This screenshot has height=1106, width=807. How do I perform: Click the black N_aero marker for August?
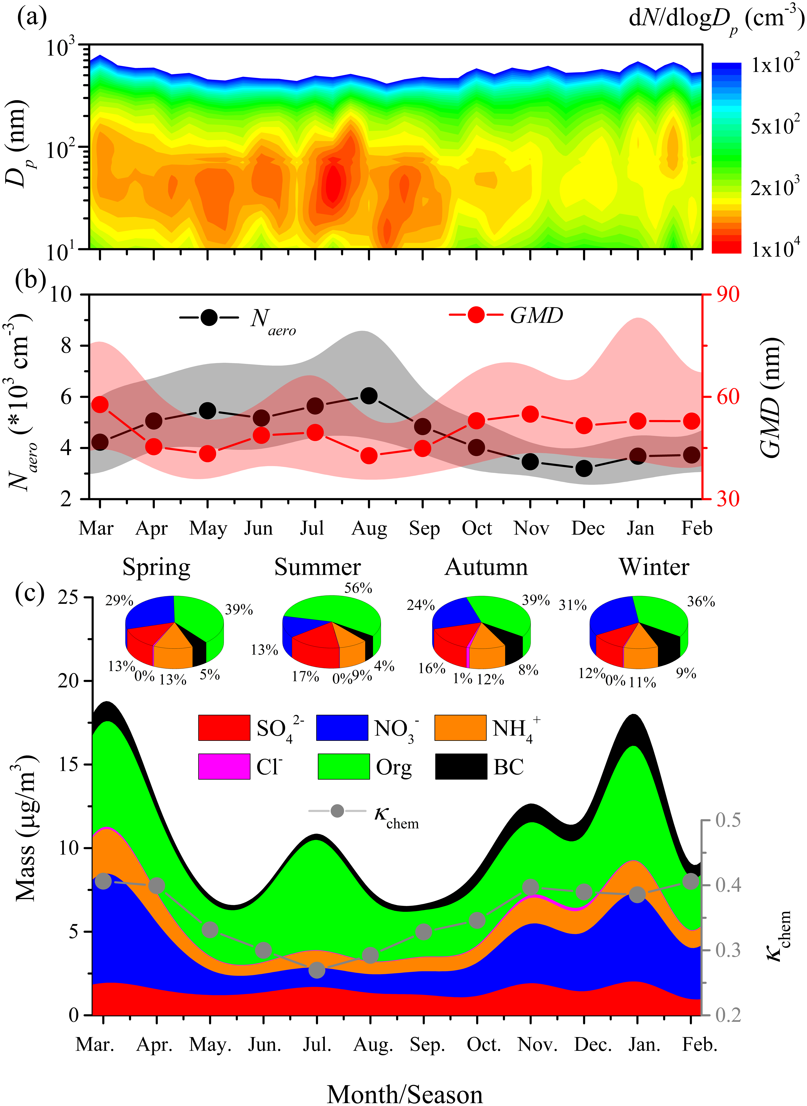(369, 396)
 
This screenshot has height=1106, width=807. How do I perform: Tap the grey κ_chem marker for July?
(317, 970)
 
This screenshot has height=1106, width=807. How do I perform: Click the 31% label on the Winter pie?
(573, 605)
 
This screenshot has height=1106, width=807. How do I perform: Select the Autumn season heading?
(486, 567)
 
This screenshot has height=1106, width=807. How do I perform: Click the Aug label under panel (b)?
(369, 529)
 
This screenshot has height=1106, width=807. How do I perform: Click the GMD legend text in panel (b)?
(536, 316)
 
